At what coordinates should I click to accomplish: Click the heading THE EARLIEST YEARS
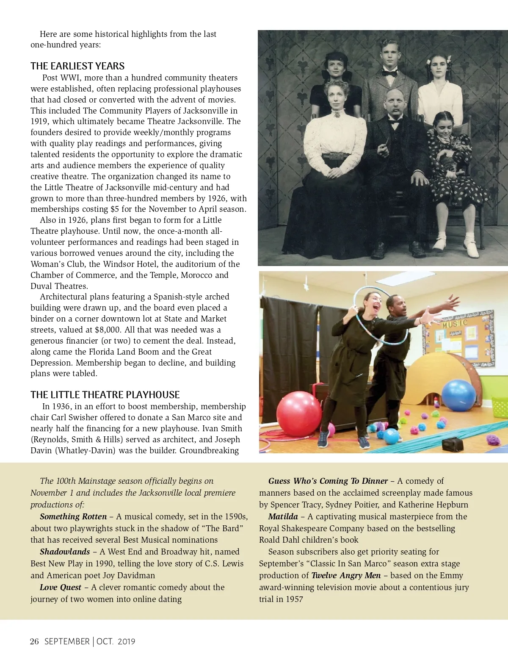click(x=77, y=66)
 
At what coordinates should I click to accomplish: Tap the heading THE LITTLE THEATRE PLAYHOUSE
click(x=105, y=395)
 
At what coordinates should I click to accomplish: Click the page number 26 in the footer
click(x=34, y=641)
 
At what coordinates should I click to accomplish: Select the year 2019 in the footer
click(x=126, y=641)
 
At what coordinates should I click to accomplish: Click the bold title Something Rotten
click(x=73, y=516)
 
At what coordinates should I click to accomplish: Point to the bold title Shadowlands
click(x=65, y=552)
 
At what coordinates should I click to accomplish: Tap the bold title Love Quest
click(x=61, y=587)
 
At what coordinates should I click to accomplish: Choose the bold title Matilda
click(x=283, y=516)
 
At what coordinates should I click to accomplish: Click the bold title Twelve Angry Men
click(x=346, y=575)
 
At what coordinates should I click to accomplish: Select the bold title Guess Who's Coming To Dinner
click(x=328, y=481)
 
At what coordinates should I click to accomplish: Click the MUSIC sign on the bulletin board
click(x=455, y=324)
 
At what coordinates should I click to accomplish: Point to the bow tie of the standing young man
click(x=389, y=73)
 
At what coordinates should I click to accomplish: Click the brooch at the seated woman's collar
click(x=336, y=114)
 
